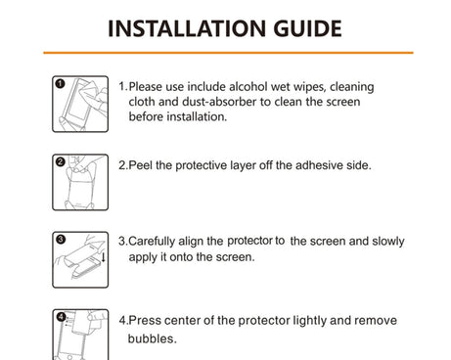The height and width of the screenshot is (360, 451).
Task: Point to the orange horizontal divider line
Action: tap(228, 53)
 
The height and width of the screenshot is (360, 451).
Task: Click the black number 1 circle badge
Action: tap(60, 84)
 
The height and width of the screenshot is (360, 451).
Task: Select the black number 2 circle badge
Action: tap(61, 161)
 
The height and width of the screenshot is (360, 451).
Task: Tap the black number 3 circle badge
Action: tap(61, 240)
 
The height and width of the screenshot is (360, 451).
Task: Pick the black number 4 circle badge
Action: tap(61, 317)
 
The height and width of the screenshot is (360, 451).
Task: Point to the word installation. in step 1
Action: tap(197, 116)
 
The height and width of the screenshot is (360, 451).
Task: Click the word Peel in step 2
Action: tap(141, 165)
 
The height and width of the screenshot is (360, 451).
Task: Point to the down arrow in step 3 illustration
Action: tap(104, 257)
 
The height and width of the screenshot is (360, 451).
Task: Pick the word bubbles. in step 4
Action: tap(153, 338)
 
